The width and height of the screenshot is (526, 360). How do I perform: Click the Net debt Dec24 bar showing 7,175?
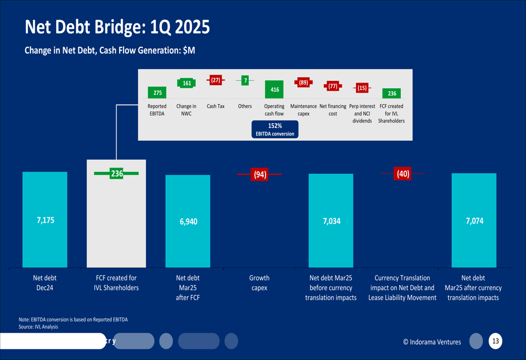tap(45, 220)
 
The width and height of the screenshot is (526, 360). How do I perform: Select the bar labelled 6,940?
tap(188, 221)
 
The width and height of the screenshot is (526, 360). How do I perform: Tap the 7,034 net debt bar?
tap(331, 221)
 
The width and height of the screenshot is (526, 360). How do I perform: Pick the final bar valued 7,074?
tap(474, 220)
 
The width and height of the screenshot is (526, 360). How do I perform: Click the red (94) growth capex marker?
tap(260, 174)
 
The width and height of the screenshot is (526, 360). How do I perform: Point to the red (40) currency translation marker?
tap(403, 173)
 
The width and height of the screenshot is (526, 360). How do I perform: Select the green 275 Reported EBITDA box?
tap(157, 92)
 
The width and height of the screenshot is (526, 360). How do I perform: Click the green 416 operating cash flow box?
tap(274, 89)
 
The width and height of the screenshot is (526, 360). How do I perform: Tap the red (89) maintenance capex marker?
tap(304, 82)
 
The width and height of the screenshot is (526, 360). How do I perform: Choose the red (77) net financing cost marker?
tap(333, 86)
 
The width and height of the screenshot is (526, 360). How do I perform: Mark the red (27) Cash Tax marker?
tap(216, 80)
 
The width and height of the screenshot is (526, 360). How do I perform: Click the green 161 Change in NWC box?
tap(187, 83)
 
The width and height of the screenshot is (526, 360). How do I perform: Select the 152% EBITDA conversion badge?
tap(275, 129)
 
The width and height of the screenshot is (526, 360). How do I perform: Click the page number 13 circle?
tap(495, 341)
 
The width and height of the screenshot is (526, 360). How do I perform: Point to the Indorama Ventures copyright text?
tap(432, 342)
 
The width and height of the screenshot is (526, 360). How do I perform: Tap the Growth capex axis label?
tap(259, 283)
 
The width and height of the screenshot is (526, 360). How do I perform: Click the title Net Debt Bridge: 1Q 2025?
tap(117, 27)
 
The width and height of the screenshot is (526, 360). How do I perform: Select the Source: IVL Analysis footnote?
tap(38, 327)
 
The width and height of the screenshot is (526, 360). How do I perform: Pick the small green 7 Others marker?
tap(245, 80)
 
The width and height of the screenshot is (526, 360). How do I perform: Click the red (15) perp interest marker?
tap(362, 88)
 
